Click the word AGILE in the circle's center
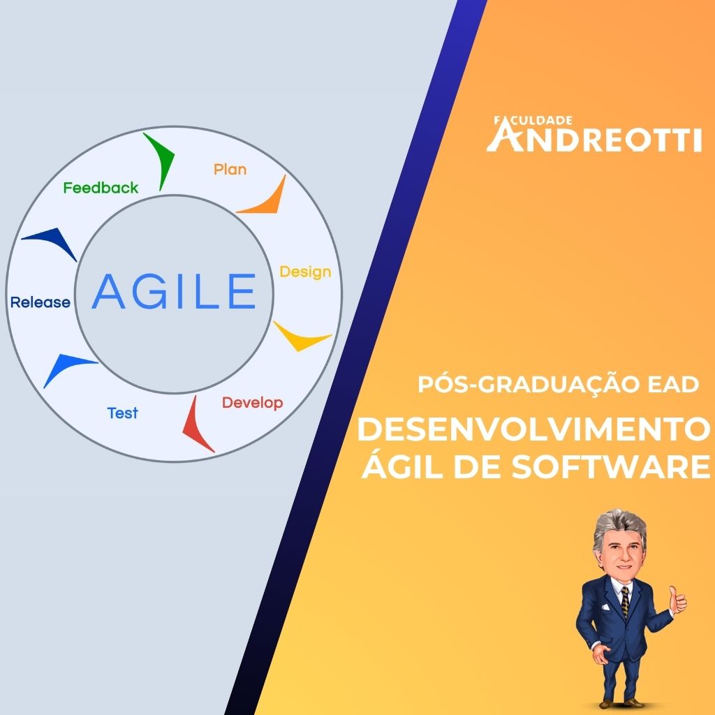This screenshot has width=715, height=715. point(174,291)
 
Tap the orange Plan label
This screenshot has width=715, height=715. point(230,169)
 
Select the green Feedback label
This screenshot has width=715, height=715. point(101,187)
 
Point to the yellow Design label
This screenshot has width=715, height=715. point(306,272)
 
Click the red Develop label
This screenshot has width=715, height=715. point(253,403)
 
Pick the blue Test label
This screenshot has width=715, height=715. point(123,413)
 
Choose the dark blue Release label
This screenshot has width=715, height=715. point(40,302)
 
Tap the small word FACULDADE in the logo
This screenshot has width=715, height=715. point(533,121)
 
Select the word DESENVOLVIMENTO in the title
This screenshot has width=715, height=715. point(533,429)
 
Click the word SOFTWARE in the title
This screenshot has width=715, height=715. point(610,466)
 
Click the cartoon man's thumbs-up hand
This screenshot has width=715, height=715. point(677,600)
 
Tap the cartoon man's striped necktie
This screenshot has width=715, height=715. point(625,603)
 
